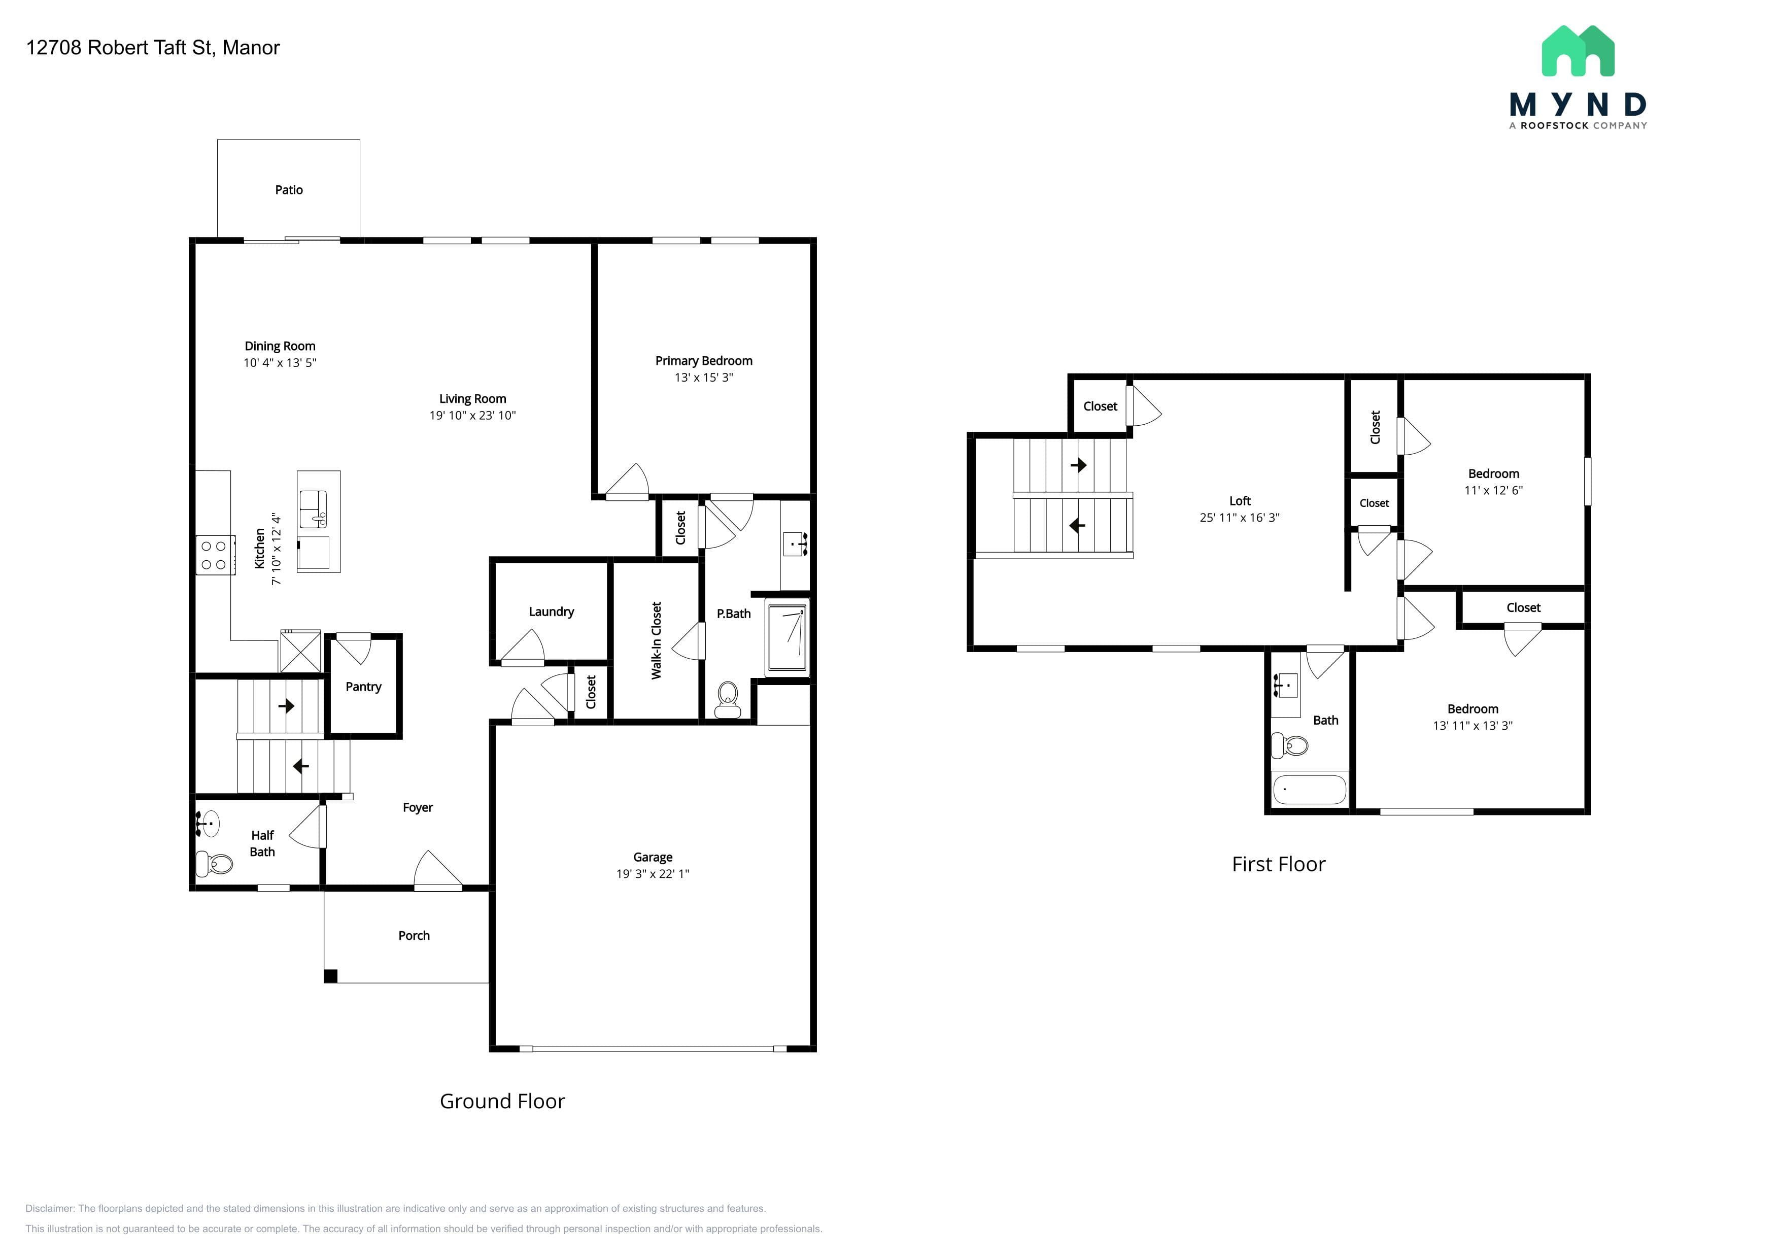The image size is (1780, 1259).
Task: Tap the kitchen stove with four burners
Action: (x=215, y=555)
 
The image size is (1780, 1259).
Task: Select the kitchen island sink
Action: (x=313, y=508)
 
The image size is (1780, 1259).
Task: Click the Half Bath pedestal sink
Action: (x=207, y=823)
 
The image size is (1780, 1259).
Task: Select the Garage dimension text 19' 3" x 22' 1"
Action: (x=653, y=874)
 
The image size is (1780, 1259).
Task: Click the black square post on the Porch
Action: (x=330, y=976)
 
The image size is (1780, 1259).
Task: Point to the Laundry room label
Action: (x=551, y=611)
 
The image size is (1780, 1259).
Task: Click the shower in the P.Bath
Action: (x=787, y=638)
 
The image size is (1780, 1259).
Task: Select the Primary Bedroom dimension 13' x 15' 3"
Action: (x=703, y=378)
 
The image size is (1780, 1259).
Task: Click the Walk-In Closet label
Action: (x=657, y=640)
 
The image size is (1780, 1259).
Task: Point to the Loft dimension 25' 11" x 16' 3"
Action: (x=1240, y=518)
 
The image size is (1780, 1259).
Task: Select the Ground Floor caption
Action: (x=502, y=1102)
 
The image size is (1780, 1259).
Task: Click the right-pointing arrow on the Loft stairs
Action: (x=1078, y=465)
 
